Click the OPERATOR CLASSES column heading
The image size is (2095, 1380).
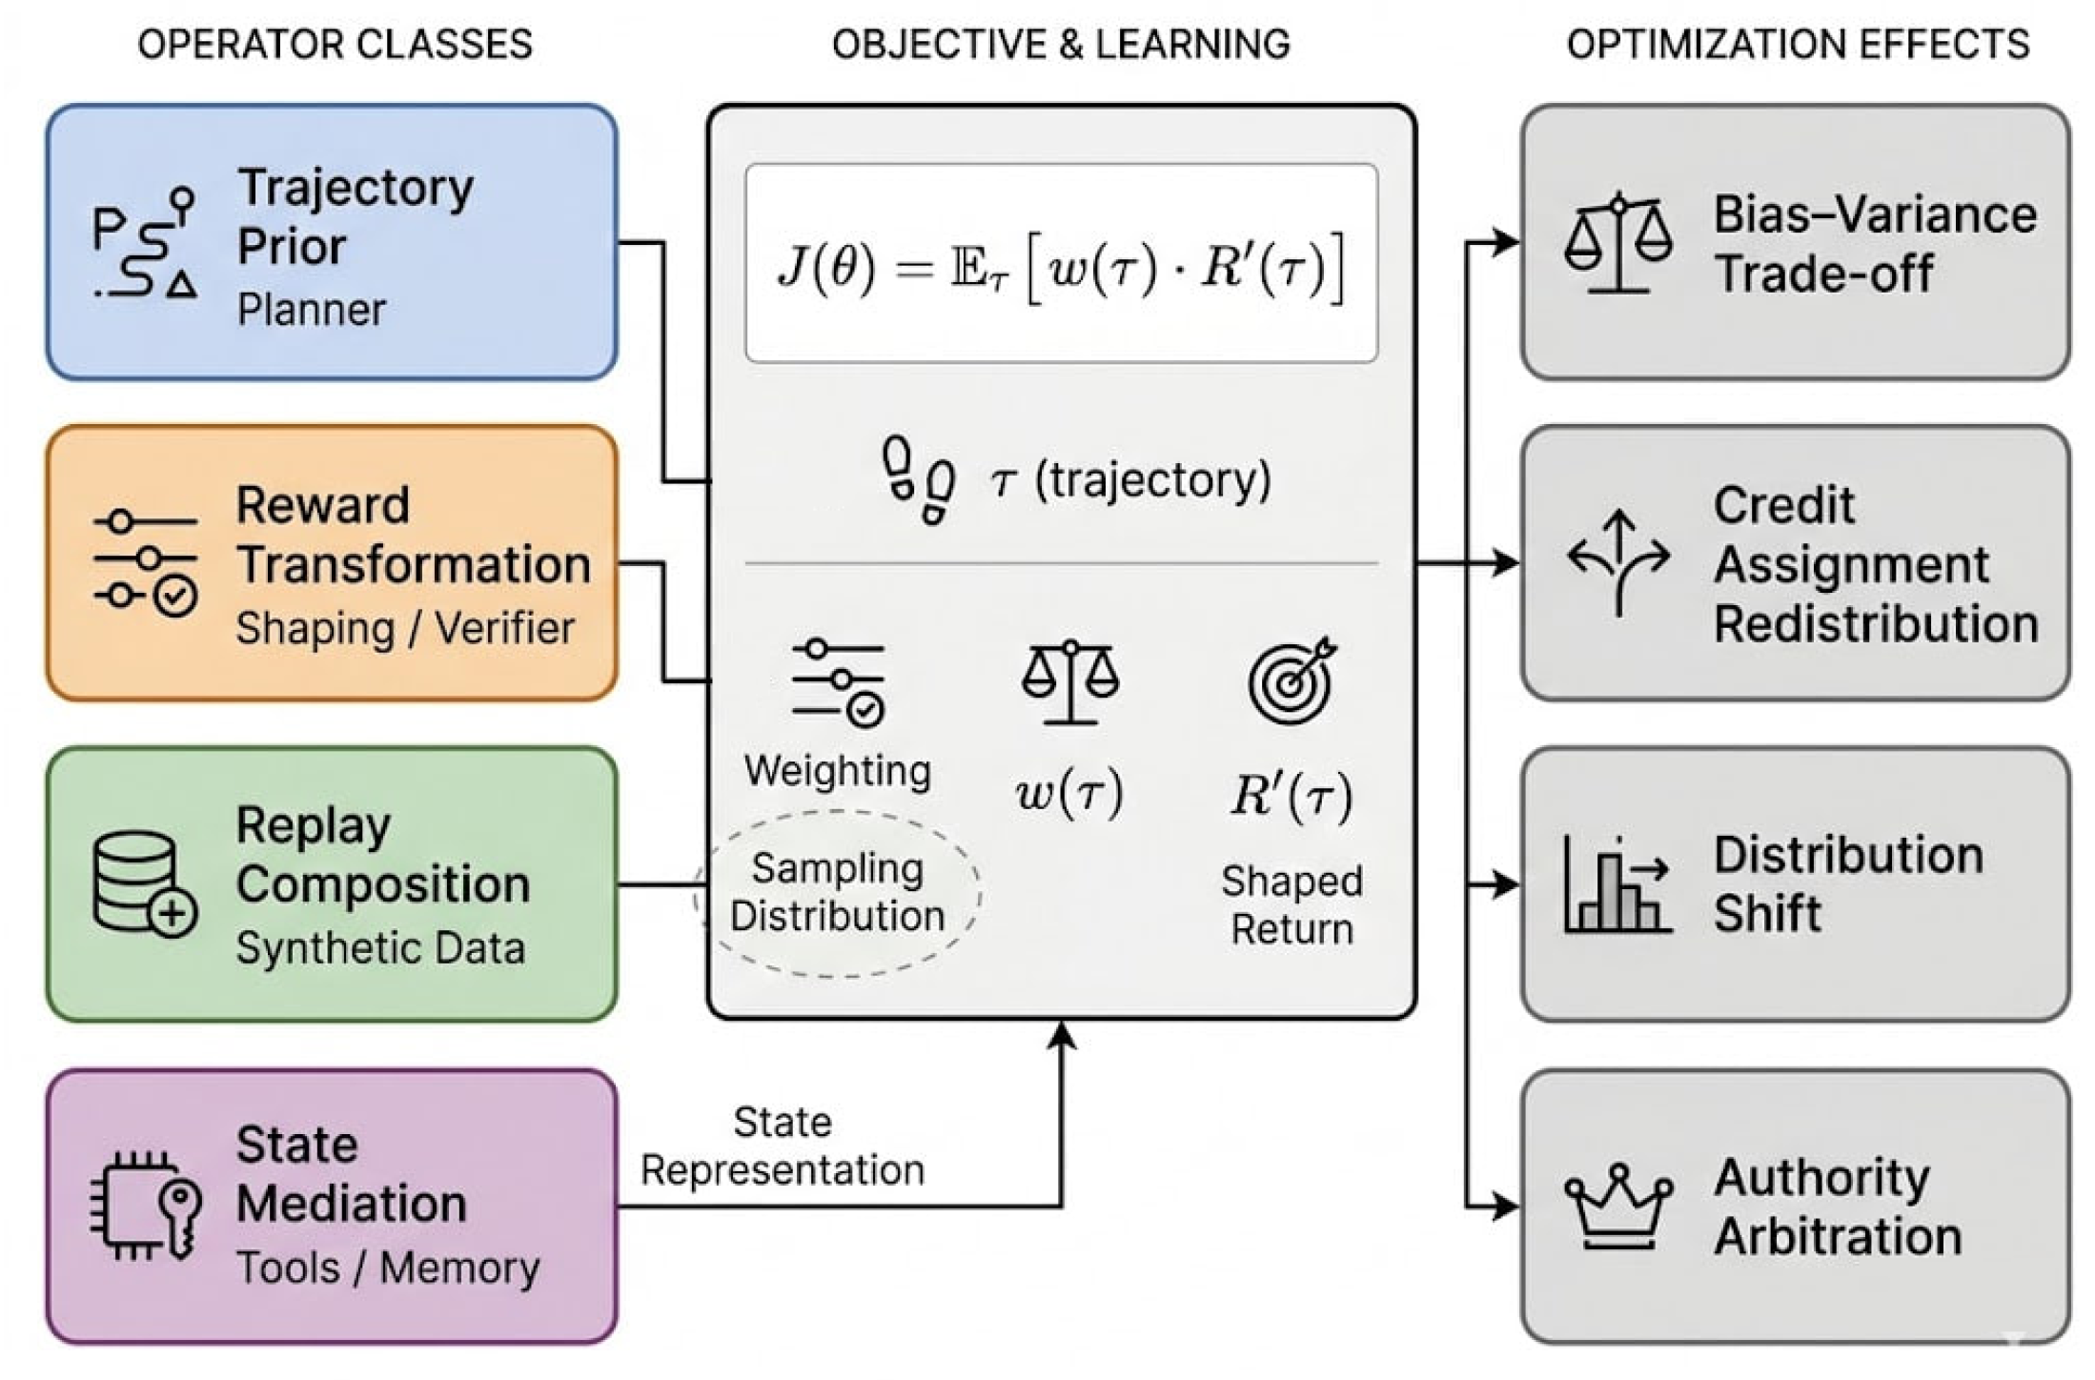click(x=335, y=45)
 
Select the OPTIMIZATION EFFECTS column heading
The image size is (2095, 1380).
click(x=1798, y=45)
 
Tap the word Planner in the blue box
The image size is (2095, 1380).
click(x=311, y=310)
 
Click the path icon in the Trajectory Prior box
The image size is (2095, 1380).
click(x=146, y=242)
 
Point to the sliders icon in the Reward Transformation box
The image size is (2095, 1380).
click(x=146, y=563)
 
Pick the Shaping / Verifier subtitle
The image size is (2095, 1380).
click(x=405, y=628)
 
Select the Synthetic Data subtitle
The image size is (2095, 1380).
click(x=380, y=948)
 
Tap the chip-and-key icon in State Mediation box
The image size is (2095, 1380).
click(x=146, y=1206)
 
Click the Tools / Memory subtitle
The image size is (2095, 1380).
click(x=388, y=1268)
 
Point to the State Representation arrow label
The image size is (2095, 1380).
click(x=783, y=1147)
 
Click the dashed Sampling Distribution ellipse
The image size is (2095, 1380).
click(x=838, y=893)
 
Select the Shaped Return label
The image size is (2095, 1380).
click(x=1292, y=904)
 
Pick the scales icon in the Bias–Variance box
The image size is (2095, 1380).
click(x=1618, y=242)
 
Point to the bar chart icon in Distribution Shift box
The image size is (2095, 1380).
click(x=1617, y=884)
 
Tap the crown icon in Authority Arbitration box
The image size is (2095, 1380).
click(x=1618, y=1206)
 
